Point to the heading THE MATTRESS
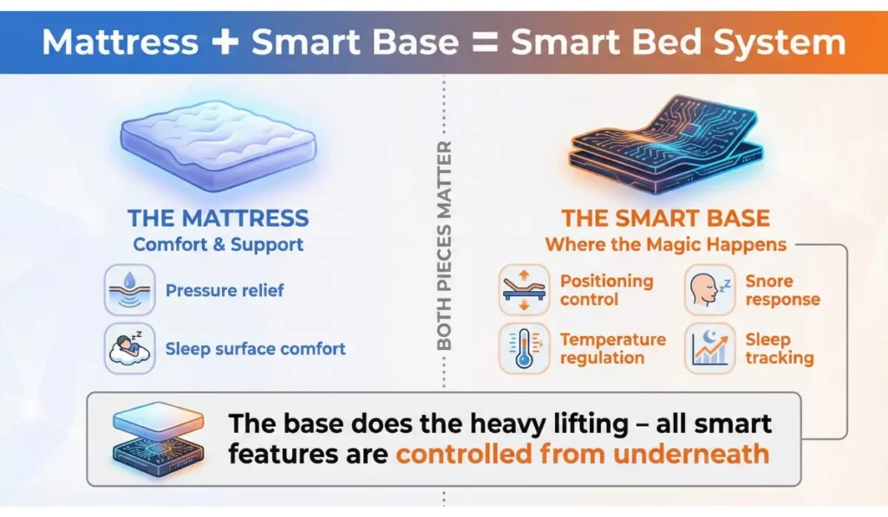point(218,217)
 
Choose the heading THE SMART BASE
point(665,217)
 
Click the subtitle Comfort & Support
point(218,244)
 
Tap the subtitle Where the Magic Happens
point(665,244)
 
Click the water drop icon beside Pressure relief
point(130,290)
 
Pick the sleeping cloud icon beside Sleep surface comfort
point(130,348)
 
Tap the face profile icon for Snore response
point(708,290)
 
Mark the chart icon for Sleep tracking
point(708,348)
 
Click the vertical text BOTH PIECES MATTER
point(444,247)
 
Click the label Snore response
point(782,290)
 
